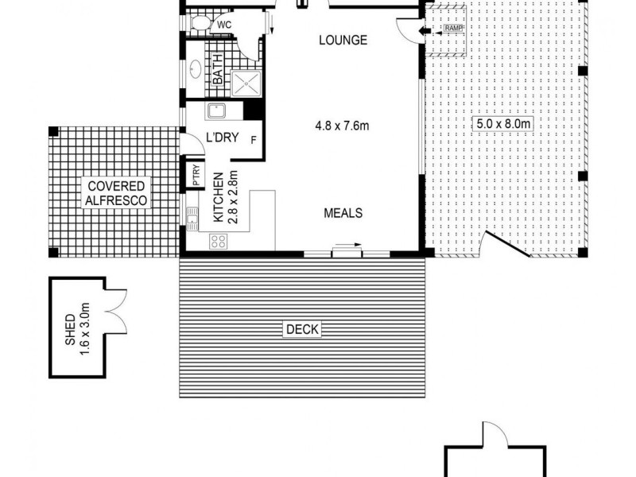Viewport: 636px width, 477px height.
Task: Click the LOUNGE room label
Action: click(343, 40)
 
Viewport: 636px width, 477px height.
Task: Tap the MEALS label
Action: click(343, 213)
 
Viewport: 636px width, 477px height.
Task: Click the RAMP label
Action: click(453, 29)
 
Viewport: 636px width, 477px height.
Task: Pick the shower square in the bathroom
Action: click(246, 80)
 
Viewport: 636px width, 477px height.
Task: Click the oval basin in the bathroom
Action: click(196, 72)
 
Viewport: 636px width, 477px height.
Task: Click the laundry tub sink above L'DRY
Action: click(216, 111)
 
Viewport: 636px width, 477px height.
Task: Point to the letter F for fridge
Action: click(253, 142)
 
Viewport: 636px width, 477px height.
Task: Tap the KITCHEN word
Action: click(217, 201)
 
